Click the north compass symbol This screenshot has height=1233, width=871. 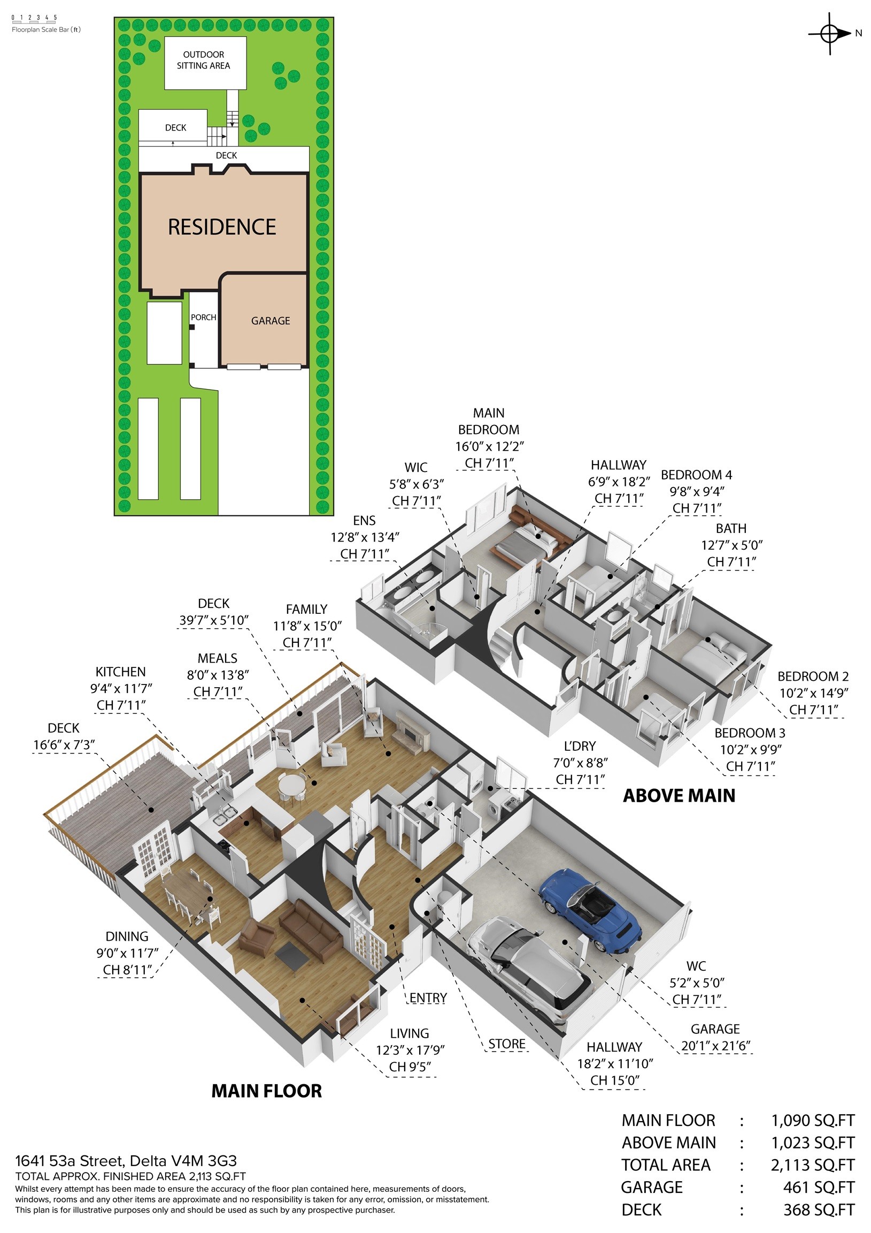pyautogui.click(x=830, y=34)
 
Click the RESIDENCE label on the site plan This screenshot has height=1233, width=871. pyautogui.click(x=222, y=227)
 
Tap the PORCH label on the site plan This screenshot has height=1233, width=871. pyautogui.click(x=203, y=317)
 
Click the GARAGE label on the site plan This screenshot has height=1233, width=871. pyautogui.click(x=271, y=321)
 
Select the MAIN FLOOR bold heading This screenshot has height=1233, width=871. pyautogui.click(x=266, y=1091)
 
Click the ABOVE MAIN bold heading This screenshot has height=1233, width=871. pyautogui.click(x=679, y=795)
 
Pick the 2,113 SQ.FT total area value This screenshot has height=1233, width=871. pyautogui.click(x=812, y=1165)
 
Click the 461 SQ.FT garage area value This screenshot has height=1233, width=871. pyautogui.click(x=818, y=1188)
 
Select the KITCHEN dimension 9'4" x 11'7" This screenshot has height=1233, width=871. pyautogui.click(x=121, y=688)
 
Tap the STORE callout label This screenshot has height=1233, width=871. pyautogui.click(x=506, y=1044)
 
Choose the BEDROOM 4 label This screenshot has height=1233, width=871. pyautogui.click(x=696, y=475)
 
